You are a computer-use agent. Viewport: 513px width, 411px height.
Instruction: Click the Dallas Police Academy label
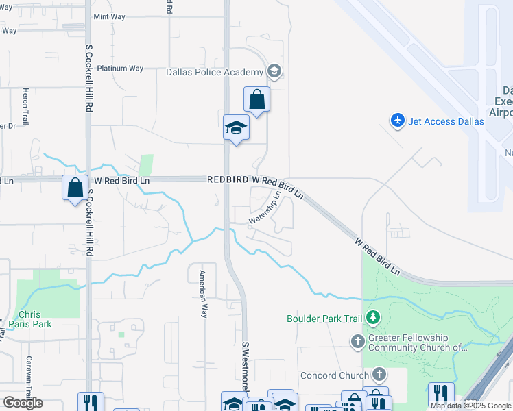click(215, 72)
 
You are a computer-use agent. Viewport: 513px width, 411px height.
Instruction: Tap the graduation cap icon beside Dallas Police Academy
click(274, 71)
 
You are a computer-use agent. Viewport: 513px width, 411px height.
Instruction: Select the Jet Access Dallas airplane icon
click(398, 121)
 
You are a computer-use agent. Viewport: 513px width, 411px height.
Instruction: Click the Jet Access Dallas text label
click(446, 121)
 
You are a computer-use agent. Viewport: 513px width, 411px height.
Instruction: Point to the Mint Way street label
click(110, 16)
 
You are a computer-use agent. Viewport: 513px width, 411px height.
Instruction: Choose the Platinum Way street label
click(120, 68)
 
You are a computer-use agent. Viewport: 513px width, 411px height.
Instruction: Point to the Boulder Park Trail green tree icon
click(373, 317)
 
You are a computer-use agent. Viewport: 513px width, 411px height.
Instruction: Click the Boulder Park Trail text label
click(326, 319)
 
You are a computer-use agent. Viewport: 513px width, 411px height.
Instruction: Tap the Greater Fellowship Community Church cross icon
click(357, 340)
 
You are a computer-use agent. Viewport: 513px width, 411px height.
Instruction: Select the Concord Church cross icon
click(379, 374)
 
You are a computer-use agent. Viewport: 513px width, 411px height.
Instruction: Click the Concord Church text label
click(335, 375)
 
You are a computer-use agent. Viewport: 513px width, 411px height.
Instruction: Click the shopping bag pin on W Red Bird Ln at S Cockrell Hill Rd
click(74, 188)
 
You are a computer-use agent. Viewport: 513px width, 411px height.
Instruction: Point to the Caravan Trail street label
click(29, 384)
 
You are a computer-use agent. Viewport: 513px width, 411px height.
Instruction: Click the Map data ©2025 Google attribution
click(470, 406)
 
